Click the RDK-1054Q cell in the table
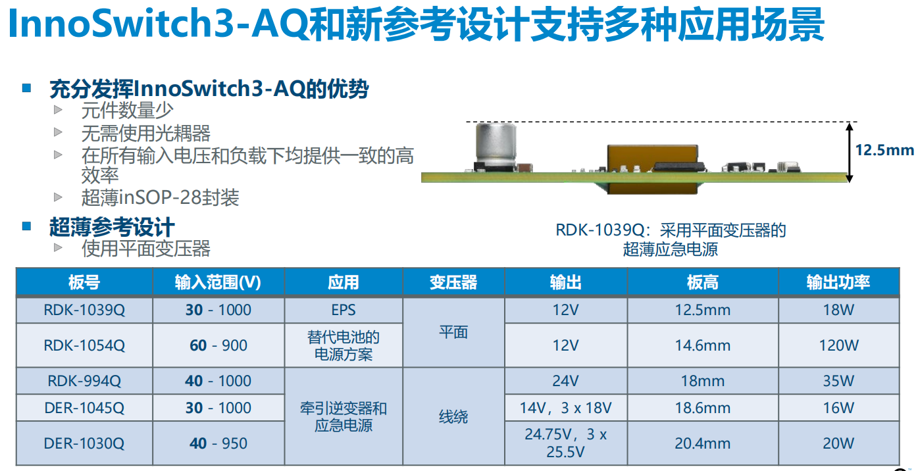84,345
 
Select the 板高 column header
702,282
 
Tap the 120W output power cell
838,345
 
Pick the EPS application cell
343,310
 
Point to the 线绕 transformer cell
453,416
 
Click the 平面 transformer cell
453,333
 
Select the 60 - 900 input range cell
218,345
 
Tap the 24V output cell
565,381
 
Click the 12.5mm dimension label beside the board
884,150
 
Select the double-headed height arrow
849,152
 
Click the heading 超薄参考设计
112,228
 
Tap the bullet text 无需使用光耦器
145,134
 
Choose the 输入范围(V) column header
218,282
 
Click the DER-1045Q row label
84,408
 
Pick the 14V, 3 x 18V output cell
565,408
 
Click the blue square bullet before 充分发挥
27,87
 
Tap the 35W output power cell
838,381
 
